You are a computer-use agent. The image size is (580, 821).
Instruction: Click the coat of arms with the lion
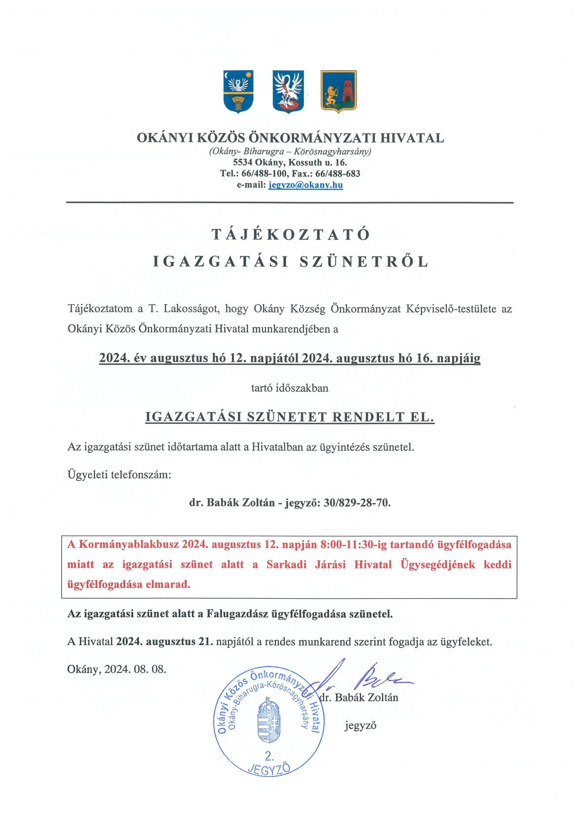[338, 91]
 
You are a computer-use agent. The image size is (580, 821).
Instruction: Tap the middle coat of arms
[288, 91]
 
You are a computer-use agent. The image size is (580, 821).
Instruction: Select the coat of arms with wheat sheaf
[238, 91]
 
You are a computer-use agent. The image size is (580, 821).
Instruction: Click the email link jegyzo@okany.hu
[306, 185]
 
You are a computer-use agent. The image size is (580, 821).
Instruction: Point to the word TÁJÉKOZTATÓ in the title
[291, 235]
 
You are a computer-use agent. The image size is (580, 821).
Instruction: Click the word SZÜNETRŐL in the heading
[364, 262]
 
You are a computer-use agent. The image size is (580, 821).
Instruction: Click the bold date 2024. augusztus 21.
[165, 642]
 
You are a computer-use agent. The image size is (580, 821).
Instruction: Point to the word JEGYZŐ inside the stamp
[269, 769]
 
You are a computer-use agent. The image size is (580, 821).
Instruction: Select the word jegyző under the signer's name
[360, 725]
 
